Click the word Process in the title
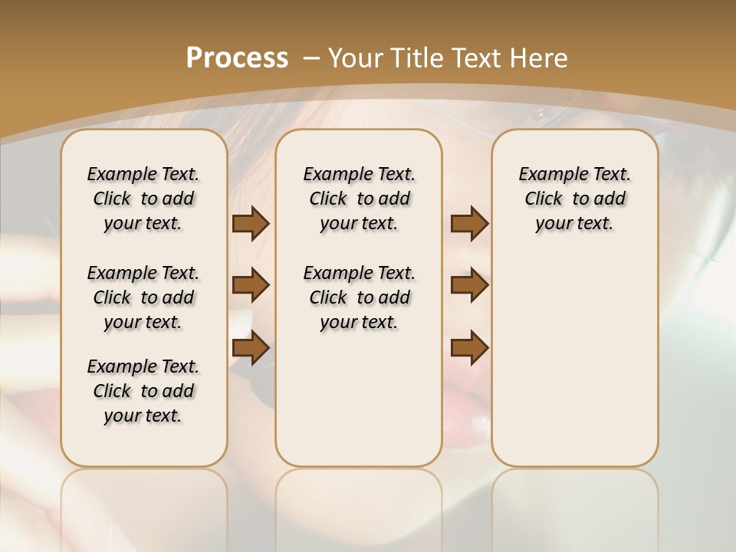tap(237, 58)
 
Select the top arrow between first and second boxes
tap(251, 224)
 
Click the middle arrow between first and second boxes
tap(251, 285)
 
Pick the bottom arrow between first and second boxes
tap(251, 347)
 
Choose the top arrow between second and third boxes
tap(469, 224)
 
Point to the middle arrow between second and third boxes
tap(469, 285)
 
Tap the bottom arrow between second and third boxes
tap(469, 347)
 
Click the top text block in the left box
tap(143, 199)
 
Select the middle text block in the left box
tap(143, 297)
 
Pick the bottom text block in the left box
tap(143, 391)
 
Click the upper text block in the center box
tap(359, 199)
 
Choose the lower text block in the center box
tap(359, 297)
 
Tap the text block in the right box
tap(574, 199)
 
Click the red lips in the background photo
tap(468, 406)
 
